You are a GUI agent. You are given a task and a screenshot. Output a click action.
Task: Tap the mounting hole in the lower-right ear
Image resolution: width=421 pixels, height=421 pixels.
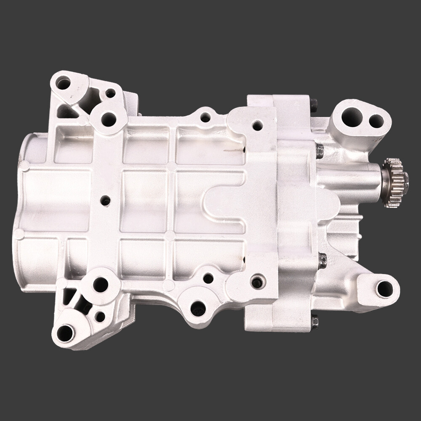click(x=384, y=288)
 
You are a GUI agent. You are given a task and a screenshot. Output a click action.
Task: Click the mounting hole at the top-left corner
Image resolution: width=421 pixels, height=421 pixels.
click(x=63, y=83)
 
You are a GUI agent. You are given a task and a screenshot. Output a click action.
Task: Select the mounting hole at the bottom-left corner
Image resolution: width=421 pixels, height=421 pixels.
click(x=66, y=333)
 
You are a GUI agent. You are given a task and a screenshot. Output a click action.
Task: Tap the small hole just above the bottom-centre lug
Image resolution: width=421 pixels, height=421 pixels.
click(x=208, y=278)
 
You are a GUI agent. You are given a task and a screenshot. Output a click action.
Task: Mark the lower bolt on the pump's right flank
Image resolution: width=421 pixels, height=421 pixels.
click(x=322, y=261)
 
